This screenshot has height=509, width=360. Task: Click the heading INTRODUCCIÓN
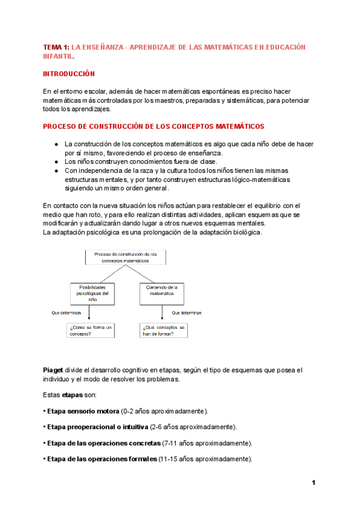pyautogui.click(x=69, y=73)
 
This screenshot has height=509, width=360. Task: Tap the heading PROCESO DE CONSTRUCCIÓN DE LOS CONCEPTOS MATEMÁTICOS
pyautogui.click(x=153, y=127)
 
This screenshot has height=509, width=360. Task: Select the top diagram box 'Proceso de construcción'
pyautogui.click(x=125, y=258)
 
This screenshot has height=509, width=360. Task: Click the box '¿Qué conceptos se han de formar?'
pyautogui.click(x=162, y=330)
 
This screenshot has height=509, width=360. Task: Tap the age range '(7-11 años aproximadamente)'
pyautogui.click(x=207, y=443)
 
